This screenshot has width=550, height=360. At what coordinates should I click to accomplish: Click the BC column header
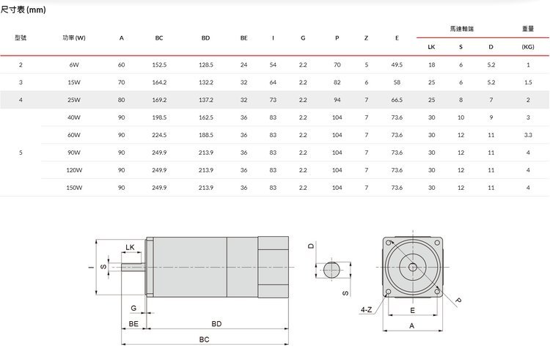click(x=159, y=38)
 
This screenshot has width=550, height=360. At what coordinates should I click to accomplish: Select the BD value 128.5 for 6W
click(x=206, y=65)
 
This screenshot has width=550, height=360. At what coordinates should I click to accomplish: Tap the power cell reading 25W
click(x=74, y=100)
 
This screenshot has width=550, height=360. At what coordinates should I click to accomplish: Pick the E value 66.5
click(x=397, y=100)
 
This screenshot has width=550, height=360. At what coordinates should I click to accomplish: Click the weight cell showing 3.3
click(x=528, y=135)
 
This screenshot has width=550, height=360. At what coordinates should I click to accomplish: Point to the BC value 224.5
click(x=159, y=135)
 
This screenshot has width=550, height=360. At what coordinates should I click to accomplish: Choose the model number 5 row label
click(x=21, y=153)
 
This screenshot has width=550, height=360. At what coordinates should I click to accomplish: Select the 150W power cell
click(x=74, y=188)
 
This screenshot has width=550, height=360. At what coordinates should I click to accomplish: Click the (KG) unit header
click(x=528, y=47)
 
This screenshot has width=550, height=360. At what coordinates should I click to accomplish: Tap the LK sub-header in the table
click(x=431, y=47)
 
